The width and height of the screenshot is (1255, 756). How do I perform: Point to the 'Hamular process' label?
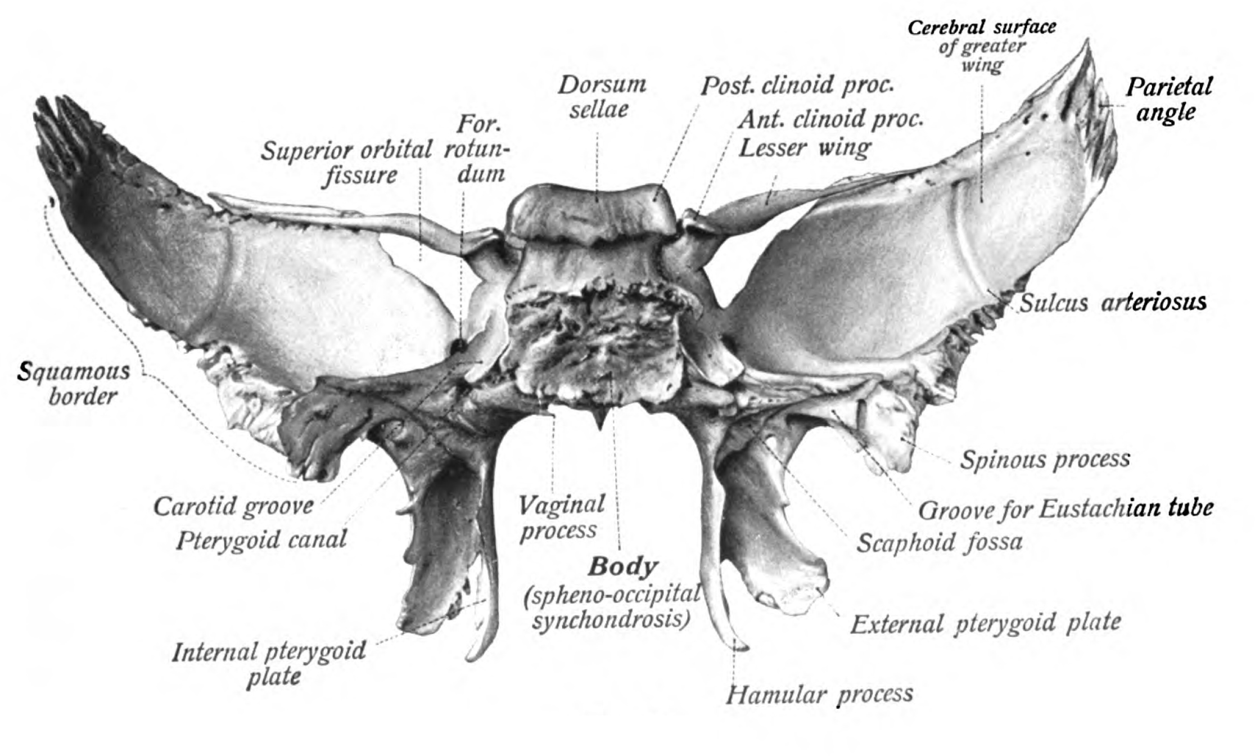tap(819, 694)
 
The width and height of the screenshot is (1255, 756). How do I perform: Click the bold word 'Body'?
tap(622, 566)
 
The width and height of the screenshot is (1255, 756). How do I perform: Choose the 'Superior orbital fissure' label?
tap(346, 163)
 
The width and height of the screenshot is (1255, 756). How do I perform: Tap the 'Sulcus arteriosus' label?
tap(1113, 303)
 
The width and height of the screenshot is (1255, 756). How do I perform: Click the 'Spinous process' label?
tap(1045, 460)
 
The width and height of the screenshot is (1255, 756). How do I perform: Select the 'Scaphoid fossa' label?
tap(939, 542)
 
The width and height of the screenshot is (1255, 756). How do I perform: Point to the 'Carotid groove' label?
tap(233, 506)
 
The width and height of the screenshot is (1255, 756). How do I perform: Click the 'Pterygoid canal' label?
tap(261, 540)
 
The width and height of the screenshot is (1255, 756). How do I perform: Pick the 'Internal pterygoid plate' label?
tap(269, 663)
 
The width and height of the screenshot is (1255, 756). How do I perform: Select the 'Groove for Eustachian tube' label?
tap(1065, 509)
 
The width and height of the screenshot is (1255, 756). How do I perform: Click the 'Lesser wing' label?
tap(804, 148)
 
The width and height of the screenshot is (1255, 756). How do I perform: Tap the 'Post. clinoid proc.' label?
tap(797, 85)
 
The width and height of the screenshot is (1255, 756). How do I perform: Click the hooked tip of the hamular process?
tap(741, 647)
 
